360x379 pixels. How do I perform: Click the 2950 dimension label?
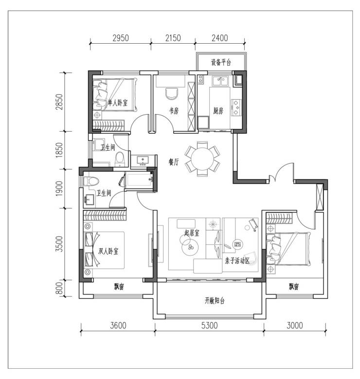[x=121, y=38]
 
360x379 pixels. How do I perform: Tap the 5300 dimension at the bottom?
[x=210, y=326]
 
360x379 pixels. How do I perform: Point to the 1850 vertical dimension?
[x=59, y=150]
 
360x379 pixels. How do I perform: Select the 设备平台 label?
[x=221, y=62]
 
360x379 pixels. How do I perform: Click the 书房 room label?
[x=174, y=111]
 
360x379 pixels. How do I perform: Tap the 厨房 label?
[x=218, y=111]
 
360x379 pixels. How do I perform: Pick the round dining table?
[x=202, y=159]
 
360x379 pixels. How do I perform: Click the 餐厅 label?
[x=174, y=162]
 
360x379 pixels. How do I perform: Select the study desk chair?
[x=172, y=94]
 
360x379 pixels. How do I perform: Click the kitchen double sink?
[x=220, y=81]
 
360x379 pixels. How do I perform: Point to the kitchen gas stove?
[x=236, y=107]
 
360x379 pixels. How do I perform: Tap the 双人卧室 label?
[x=108, y=251]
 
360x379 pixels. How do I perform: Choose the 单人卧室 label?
[x=117, y=103]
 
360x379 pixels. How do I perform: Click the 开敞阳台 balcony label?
[x=215, y=300]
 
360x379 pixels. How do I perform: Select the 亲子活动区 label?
[x=237, y=261]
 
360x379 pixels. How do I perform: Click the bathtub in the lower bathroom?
[x=139, y=180]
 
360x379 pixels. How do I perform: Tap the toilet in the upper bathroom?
[x=119, y=159]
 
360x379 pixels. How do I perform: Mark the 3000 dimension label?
[x=295, y=326]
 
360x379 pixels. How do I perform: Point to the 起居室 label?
[x=192, y=233]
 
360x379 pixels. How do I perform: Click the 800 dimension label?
[x=59, y=288]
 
